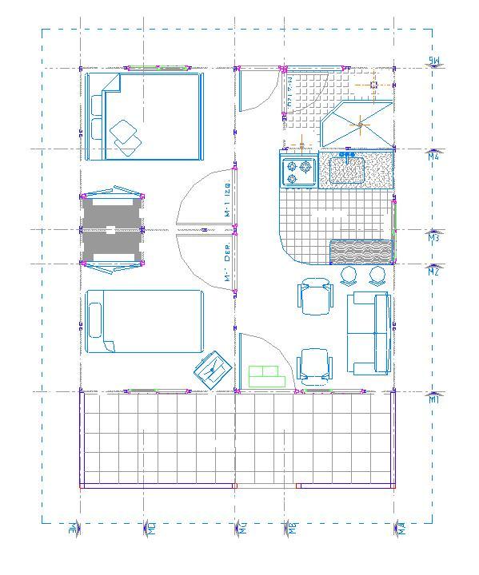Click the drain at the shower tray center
pos(360,124)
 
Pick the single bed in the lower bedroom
pos(144,321)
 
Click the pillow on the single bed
pos(96,321)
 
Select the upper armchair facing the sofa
pos(313,296)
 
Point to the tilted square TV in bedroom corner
pos(213,370)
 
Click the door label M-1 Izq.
pos(228,201)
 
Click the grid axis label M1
pos(433,399)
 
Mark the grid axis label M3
pos(433,237)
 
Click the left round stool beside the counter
pos(349,276)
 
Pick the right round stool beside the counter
pos(377,276)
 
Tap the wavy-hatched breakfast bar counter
pos(360,252)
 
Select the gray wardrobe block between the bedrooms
pos(112,229)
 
